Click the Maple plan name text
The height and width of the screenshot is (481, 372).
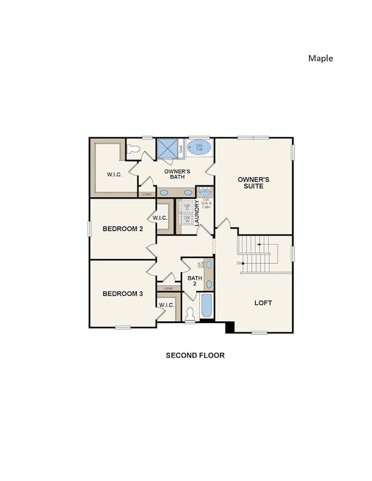(x=320, y=58)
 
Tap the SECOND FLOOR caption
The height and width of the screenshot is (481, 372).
(x=195, y=355)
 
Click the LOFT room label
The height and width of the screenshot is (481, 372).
(x=263, y=303)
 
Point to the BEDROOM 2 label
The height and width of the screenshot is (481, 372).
(x=122, y=229)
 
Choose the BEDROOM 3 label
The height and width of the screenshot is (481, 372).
(x=122, y=293)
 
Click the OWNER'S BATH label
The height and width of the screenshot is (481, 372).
(x=177, y=174)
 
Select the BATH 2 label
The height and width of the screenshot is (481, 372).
(x=195, y=281)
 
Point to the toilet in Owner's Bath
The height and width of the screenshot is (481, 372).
(x=134, y=149)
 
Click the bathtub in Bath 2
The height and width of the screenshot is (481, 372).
(x=207, y=306)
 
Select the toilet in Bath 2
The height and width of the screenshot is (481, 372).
(x=191, y=314)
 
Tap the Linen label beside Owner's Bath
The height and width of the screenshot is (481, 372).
(x=148, y=194)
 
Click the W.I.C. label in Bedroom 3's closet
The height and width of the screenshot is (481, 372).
(x=167, y=305)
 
